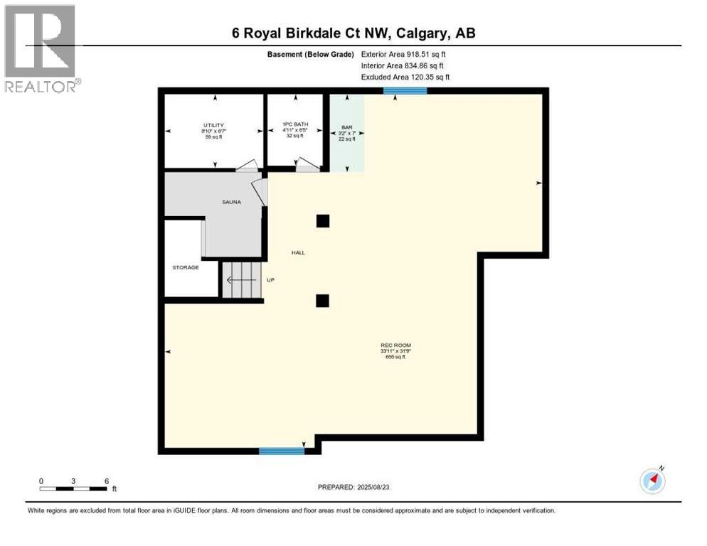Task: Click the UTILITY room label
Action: [x=214, y=124]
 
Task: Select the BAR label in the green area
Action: [x=347, y=127]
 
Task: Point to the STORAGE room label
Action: [x=186, y=267]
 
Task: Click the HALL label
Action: [x=298, y=252]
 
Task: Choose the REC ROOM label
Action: [x=393, y=346]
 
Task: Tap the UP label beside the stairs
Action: [x=270, y=280]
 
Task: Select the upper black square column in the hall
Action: [x=323, y=220]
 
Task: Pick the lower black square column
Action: [x=323, y=301]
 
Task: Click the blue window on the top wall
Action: [x=405, y=90]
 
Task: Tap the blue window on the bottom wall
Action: [x=281, y=451]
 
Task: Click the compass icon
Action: [x=652, y=481]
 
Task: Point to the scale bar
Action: [x=74, y=488]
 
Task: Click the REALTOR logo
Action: [x=41, y=48]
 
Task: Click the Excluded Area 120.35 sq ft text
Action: [x=405, y=77]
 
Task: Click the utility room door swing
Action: [x=248, y=166]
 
